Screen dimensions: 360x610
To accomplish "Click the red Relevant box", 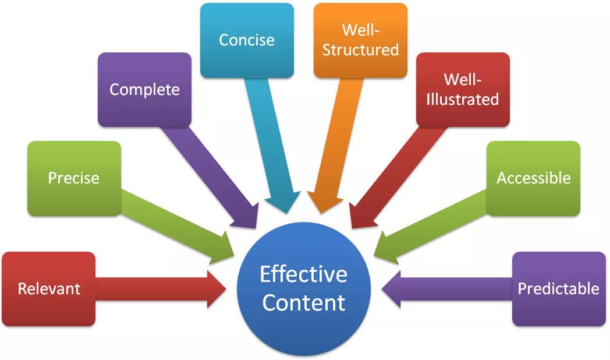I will [49, 288].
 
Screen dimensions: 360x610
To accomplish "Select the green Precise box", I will [74, 178].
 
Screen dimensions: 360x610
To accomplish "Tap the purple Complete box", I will [144, 90].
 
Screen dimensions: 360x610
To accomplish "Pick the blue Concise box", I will [247, 40].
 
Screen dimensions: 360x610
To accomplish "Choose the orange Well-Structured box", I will [360, 40].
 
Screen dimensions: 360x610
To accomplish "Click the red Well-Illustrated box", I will [463, 90].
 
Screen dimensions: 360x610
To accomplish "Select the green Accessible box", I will [533, 178].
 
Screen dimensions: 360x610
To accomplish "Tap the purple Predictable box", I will [559, 288].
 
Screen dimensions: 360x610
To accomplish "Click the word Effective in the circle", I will [303, 274].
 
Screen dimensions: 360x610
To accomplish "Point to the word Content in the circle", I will [303, 303].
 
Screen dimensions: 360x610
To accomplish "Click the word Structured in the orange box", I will [360, 50].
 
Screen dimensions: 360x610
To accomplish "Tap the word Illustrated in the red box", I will [463, 99].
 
